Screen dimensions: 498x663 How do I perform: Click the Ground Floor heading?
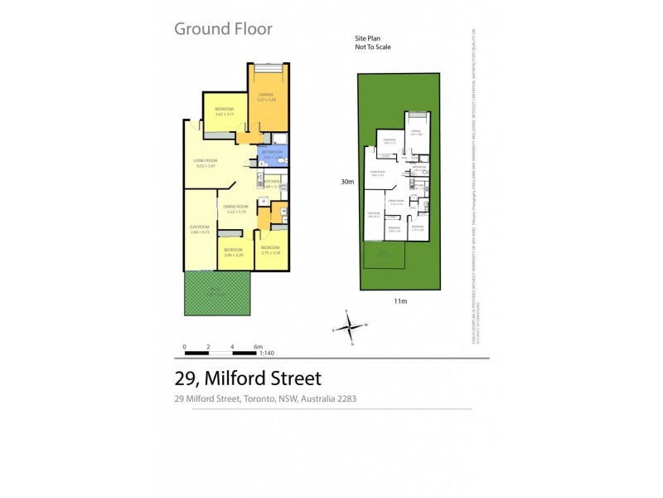pyautogui.click(x=223, y=29)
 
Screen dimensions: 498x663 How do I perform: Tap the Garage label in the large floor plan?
pyautogui.click(x=266, y=96)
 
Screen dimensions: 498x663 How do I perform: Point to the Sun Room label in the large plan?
pyautogui.click(x=200, y=228)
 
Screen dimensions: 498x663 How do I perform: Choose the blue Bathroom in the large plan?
pyautogui.click(x=273, y=154)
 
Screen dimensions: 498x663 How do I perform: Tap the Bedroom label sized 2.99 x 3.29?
pyautogui.click(x=233, y=251)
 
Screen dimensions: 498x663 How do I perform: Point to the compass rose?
pyautogui.click(x=351, y=325)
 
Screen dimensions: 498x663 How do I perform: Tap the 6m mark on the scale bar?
pyautogui.click(x=259, y=345)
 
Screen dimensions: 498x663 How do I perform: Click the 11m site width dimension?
pyautogui.click(x=400, y=301)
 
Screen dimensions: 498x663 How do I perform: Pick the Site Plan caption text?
pyautogui.click(x=368, y=39)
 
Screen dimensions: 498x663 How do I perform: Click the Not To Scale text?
pyautogui.click(x=373, y=47)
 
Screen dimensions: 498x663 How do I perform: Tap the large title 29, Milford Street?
pyautogui.click(x=247, y=378)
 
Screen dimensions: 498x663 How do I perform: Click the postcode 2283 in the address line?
pyautogui.click(x=346, y=399)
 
